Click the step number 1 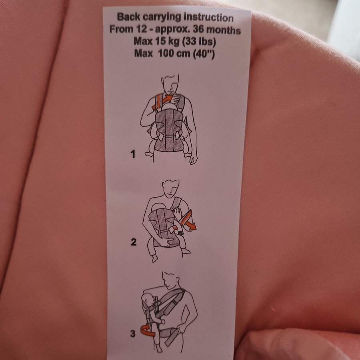click(x=133, y=154)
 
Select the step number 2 click(x=134, y=242)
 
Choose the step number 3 click(x=133, y=333)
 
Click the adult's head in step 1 click(x=170, y=83)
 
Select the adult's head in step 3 click(x=171, y=280)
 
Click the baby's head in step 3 click(x=147, y=299)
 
